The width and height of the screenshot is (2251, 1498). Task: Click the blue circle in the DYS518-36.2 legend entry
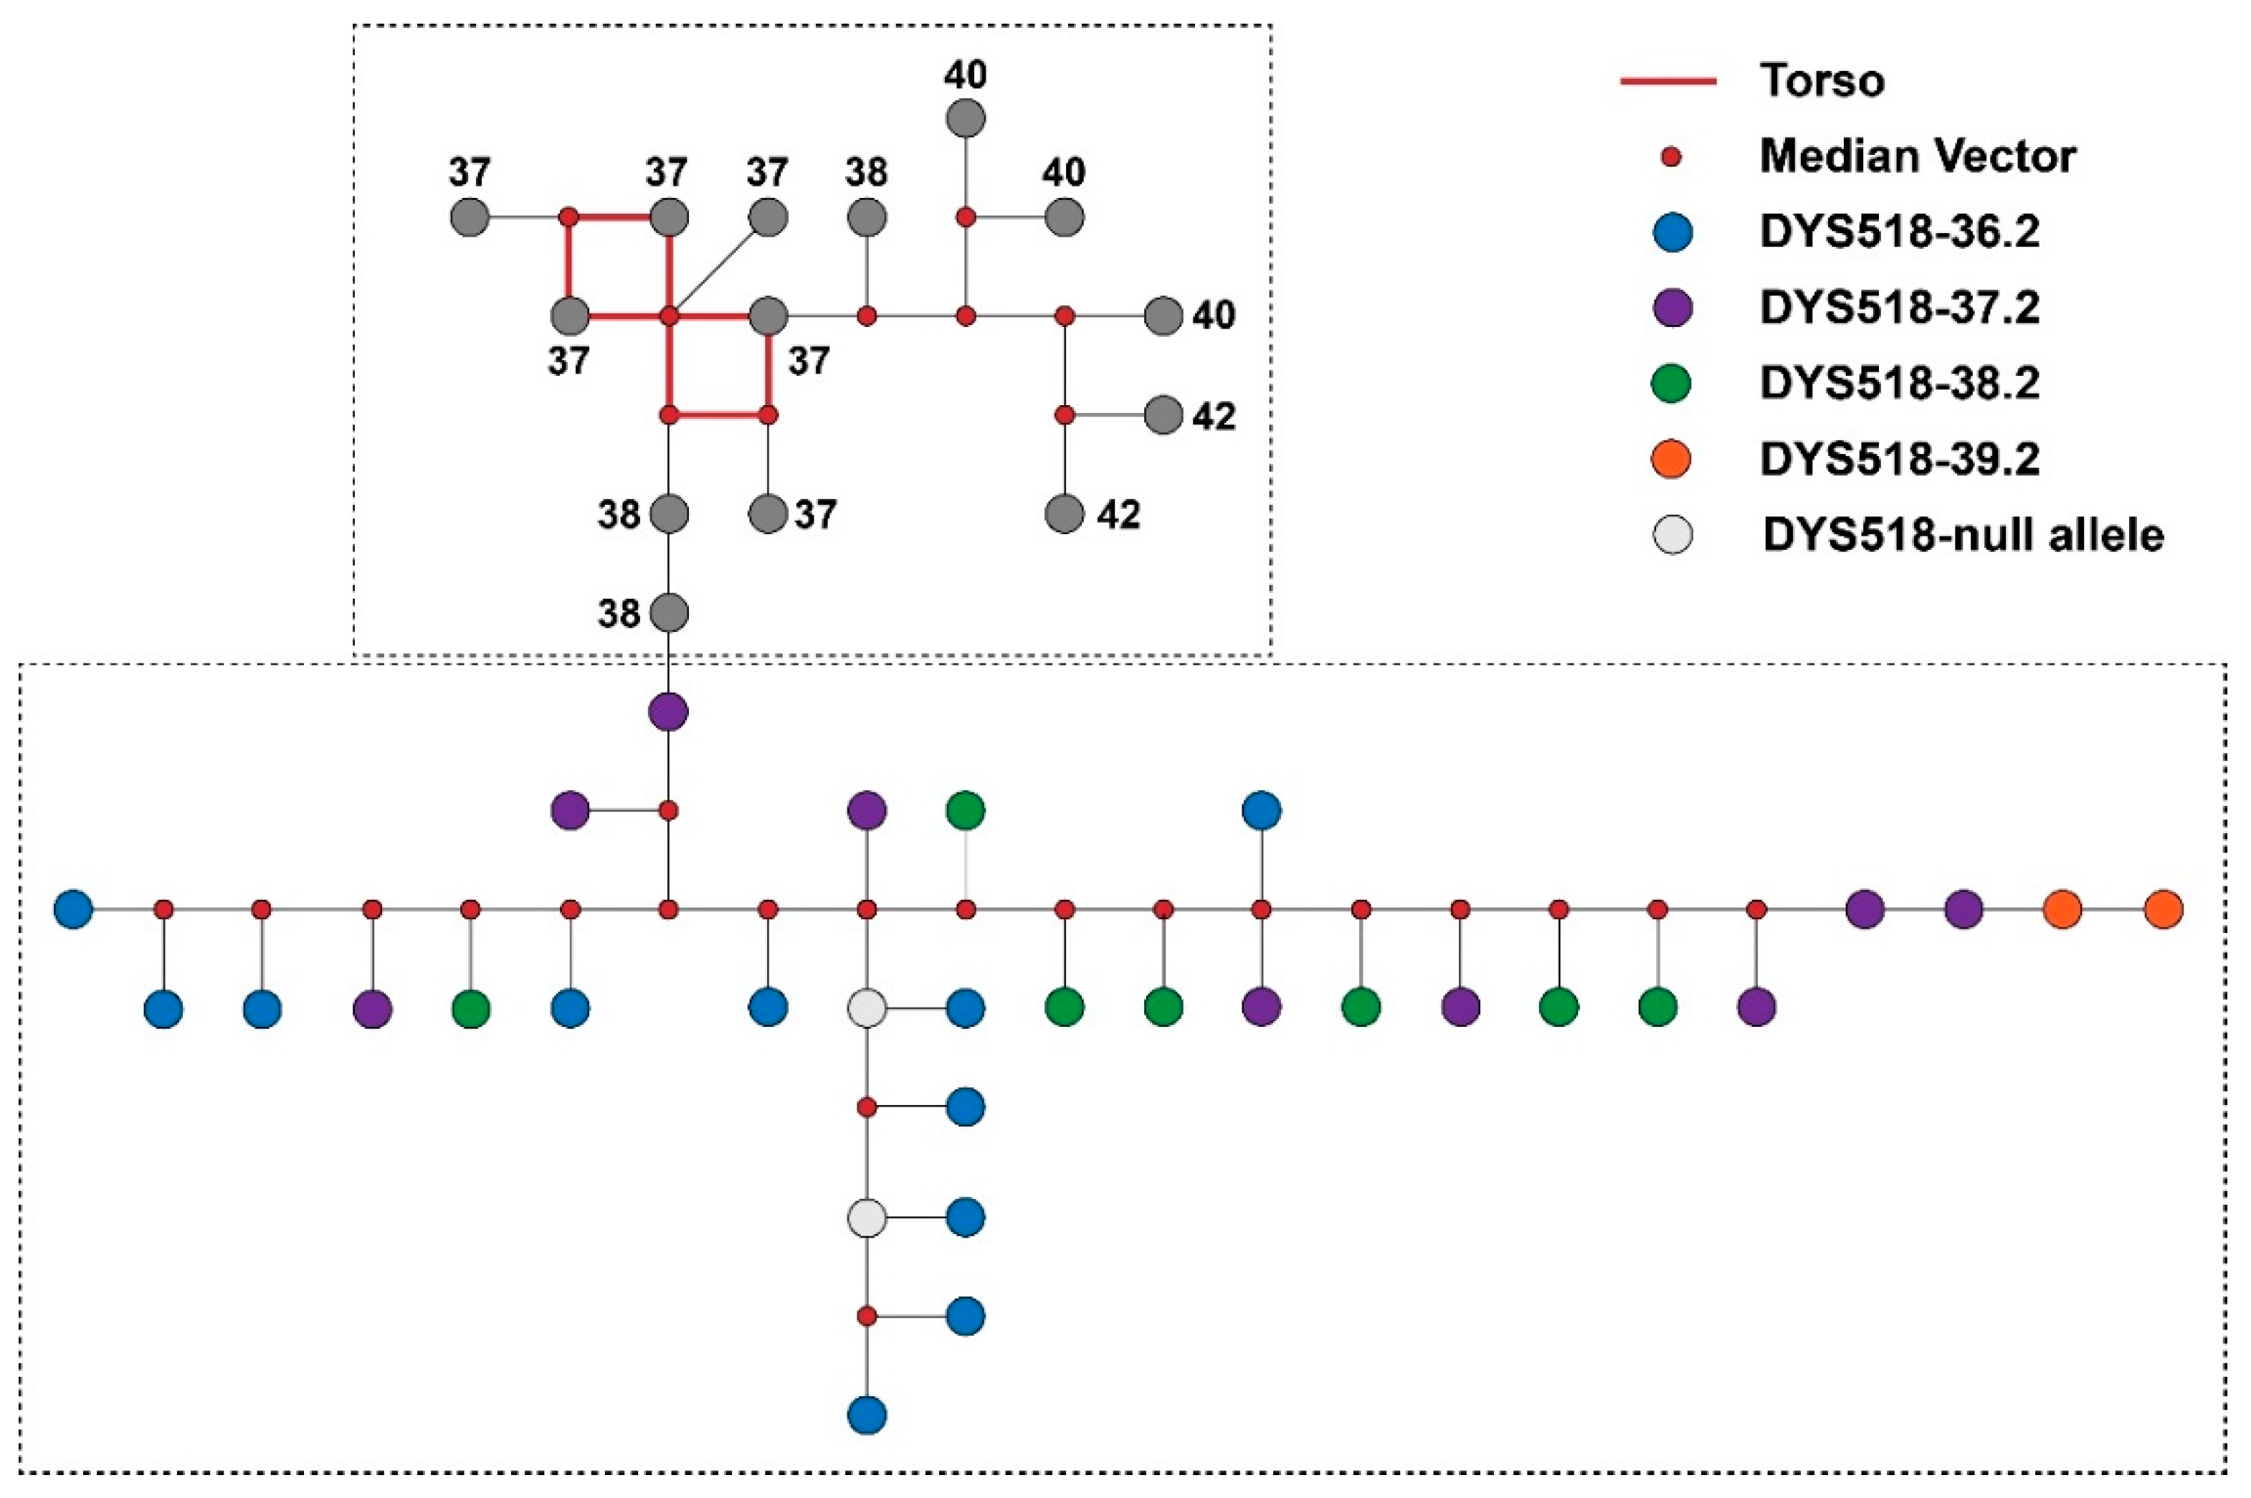click(1671, 232)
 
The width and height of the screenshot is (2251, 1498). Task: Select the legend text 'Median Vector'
click(1917, 156)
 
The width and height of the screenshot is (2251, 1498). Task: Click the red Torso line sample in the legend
click(1667, 81)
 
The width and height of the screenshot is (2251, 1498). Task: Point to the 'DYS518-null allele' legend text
click(1963, 535)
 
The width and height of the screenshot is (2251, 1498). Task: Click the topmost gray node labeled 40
click(966, 118)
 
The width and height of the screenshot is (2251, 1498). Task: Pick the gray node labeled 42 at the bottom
click(1065, 514)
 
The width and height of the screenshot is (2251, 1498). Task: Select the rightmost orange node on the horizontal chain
click(2163, 909)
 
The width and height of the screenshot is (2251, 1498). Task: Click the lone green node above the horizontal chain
click(966, 810)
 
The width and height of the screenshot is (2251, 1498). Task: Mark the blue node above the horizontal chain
click(1262, 810)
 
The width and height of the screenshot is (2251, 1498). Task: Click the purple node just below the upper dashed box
click(669, 712)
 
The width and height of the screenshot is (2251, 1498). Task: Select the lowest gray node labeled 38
click(669, 612)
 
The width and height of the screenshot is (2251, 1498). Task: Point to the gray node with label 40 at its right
click(1163, 316)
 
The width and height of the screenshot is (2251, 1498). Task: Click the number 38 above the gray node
click(866, 173)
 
